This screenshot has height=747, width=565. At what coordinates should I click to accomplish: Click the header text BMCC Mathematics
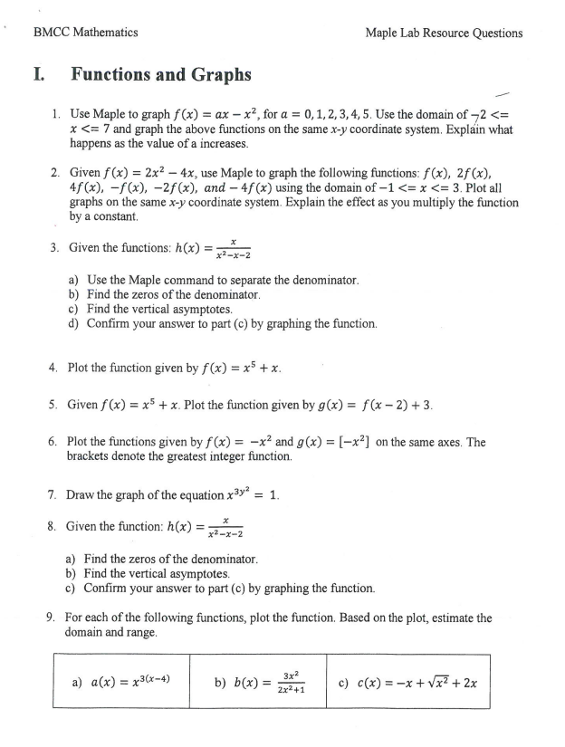tap(85, 33)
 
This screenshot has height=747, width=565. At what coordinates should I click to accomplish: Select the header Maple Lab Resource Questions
tap(444, 33)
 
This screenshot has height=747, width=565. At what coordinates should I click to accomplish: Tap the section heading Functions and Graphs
tap(161, 75)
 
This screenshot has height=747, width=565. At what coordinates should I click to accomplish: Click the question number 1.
tap(56, 115)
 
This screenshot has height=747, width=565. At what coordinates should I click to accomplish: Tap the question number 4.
tap(53, 368)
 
